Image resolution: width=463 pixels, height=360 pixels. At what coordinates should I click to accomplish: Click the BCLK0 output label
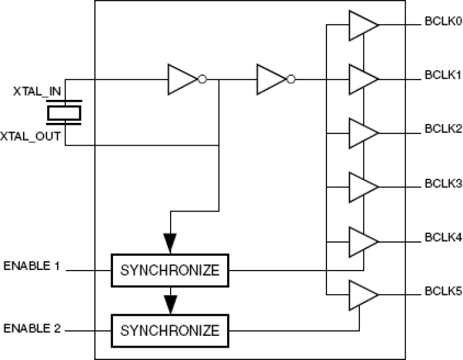click(x=443, y=21)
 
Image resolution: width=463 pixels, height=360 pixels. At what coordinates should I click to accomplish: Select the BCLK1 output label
click(x=443, y=75)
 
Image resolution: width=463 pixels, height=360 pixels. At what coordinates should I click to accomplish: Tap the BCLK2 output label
click(x=443, y=129)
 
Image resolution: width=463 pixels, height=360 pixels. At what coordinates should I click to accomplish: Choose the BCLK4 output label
click(x=443, y=237)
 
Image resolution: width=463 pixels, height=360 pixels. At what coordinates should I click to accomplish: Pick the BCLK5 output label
click(x=443, y=290)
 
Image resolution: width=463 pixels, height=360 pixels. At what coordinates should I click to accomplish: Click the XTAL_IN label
click(x=37, y=92)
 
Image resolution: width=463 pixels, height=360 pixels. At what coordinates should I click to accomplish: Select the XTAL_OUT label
click(x=34, y=135)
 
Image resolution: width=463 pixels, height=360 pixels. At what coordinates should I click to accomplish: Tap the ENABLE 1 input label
click(x=32, y=266)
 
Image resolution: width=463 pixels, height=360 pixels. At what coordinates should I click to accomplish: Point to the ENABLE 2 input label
click(x=32, y=327)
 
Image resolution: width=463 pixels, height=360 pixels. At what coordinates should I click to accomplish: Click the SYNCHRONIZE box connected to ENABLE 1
click(x=170, y=271)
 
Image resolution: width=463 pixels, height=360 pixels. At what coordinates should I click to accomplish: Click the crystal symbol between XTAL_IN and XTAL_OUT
click(x=65, y=113)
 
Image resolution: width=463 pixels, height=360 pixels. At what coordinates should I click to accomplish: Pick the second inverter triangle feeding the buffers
click(x=271, y=79)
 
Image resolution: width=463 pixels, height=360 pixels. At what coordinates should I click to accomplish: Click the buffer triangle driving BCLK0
click(x=362, y=25)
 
